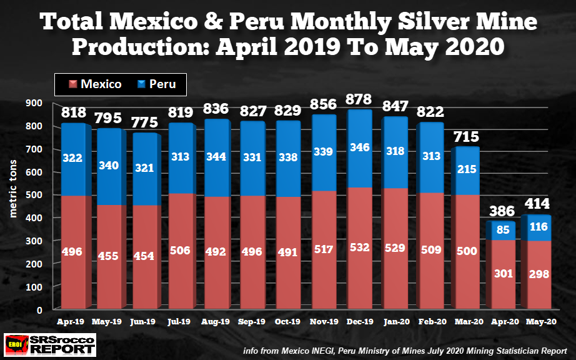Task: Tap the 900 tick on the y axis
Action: point(34,103)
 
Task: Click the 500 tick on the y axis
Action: point(34,195)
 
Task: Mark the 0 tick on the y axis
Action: point(39,310)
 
